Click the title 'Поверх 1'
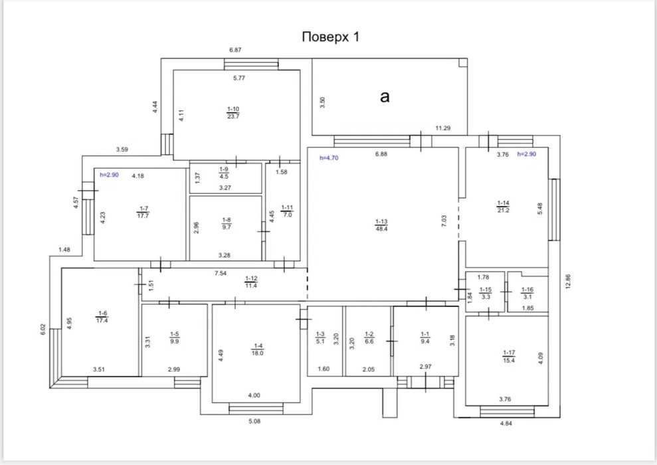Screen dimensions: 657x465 [331, 37]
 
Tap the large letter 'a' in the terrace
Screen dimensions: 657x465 [385, 97]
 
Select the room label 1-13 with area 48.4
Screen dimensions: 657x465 [381, 225]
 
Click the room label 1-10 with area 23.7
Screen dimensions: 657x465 [233, 113]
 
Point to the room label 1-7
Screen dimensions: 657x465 [143, 212]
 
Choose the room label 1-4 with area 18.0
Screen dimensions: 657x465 [257, 349]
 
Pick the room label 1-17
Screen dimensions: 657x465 [509, 357]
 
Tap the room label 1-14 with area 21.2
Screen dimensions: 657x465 [504, 207]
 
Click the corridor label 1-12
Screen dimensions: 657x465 [251, 282]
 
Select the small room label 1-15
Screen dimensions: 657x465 [486, 293]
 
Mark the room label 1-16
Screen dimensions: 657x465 [527, 293]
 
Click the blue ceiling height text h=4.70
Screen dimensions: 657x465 [329, 158]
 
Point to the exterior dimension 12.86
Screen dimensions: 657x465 [568, 282]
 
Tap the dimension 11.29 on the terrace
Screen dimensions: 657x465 [443, 128]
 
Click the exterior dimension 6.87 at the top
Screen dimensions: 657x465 [235, 50]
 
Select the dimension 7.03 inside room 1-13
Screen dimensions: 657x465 [444, 221]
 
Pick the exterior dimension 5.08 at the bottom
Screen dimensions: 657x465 [254, 421]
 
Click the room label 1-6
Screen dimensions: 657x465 [102, 317]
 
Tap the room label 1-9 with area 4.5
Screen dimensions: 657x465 [224, 173]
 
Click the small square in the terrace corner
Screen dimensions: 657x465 [463, 62]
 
